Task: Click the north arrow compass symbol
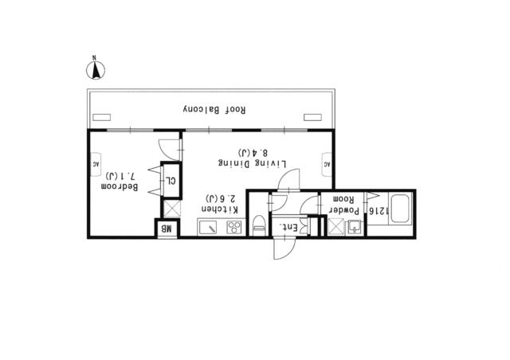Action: [x=96, y=69]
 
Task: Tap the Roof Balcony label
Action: [x=214, y=109]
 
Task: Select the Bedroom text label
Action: [x=120, y=187]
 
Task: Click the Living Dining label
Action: [x=252, y=163]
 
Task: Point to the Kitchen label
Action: [x=220, y=209]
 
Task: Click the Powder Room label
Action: [x=344, y=205]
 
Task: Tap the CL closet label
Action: [x=171, y=181]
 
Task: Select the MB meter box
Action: [x=167, y=229]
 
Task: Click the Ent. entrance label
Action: [x=286, y=228]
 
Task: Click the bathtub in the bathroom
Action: [x=400, y=209]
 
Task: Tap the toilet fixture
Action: [x=259, y=225]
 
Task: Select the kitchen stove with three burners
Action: [x=234, y=227]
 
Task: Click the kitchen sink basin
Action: [x=209, y=227]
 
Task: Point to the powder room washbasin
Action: [x=354, y=227]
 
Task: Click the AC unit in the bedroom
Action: [x=96, y=164]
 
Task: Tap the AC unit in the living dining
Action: [x=327, y=164]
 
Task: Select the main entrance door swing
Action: [x=284, y=248]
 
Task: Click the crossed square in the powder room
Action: [x=336, y=226]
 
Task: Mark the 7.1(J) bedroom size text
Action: [x=120, y=177]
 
